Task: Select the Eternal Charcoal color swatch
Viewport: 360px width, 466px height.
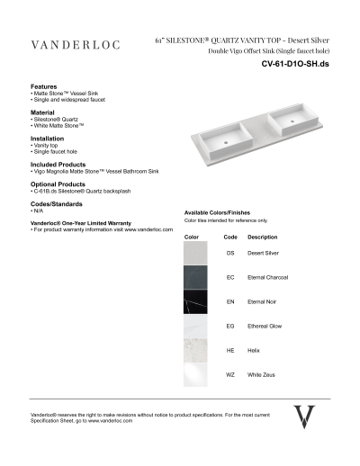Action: (195, 278)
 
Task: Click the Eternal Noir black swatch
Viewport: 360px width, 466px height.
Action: (195, 302)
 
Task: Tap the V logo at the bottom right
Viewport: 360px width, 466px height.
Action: (305, 416)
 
